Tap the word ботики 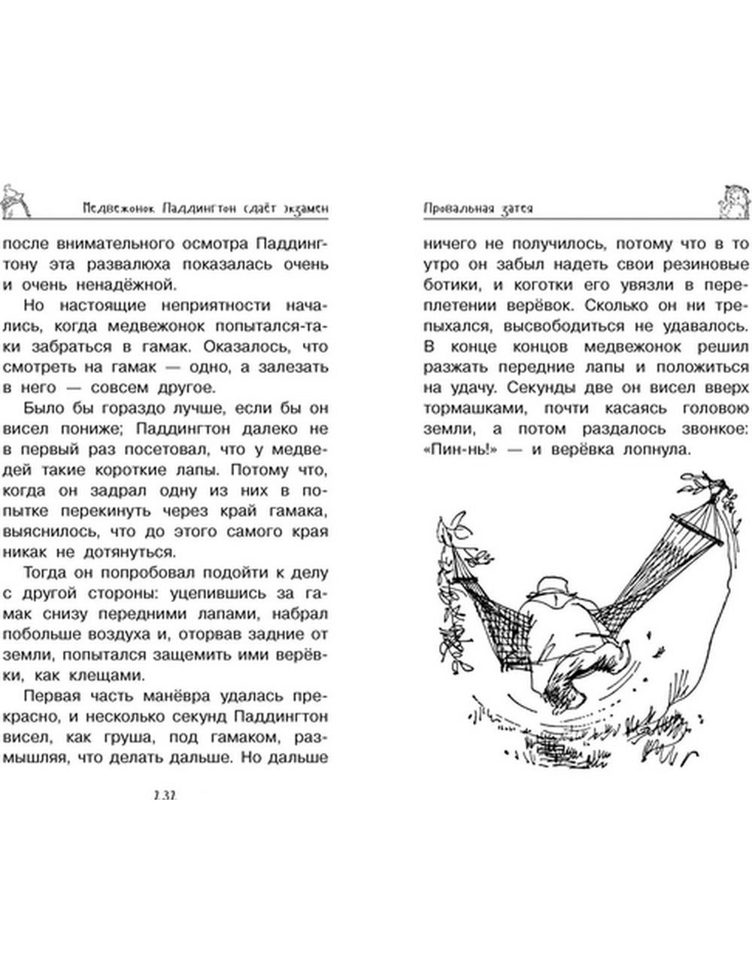tap(449, 285)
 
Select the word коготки tap(548, 285)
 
